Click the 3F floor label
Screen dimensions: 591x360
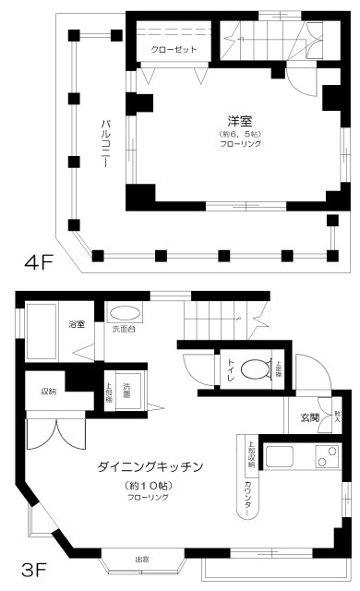(x=34, y=561)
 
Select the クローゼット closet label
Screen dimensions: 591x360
(x=174, y=50)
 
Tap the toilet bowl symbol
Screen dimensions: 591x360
(x=252, y=369)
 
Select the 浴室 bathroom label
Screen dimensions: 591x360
(x=77, y=325)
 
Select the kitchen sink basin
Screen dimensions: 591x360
(x=279, y=458)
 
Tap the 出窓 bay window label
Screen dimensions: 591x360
(x=142, y=559)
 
